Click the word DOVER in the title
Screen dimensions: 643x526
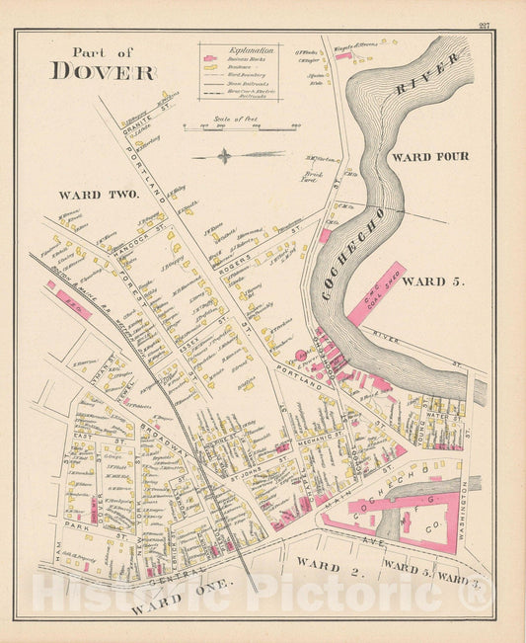click(x=103, y=71)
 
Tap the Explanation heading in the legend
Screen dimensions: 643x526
click(x=237, y=48)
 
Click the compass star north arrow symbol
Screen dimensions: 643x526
click(x=226, y=155)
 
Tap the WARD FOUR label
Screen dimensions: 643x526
click(x=430, y=157)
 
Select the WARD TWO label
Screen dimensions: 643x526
click(x=98, y=195)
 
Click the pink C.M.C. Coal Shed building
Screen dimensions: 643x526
click(x=376, y=293)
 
